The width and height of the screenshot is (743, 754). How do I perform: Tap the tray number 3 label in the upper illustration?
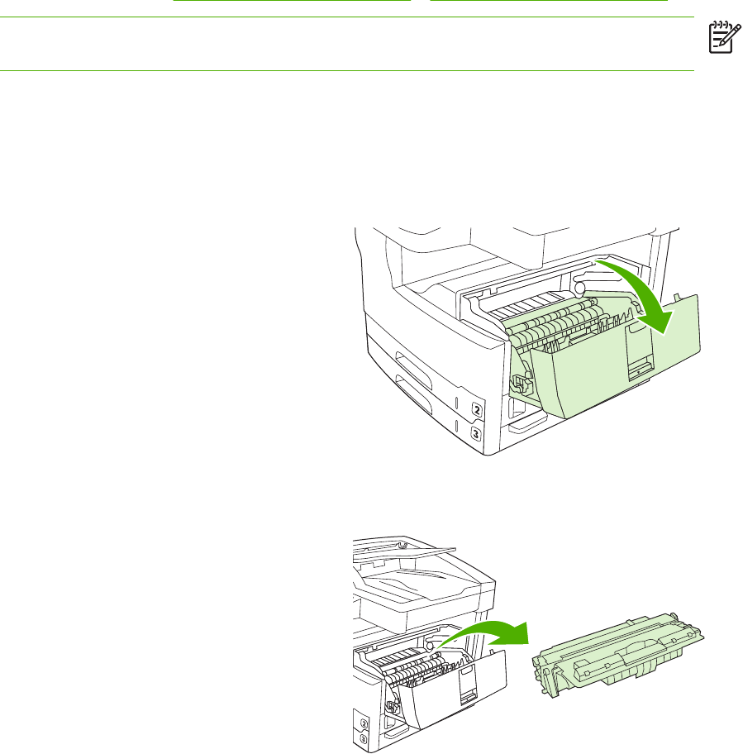point(476,433)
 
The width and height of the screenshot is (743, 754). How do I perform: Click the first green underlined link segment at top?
point(292,2)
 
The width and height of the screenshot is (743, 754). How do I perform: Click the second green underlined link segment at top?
point(549,2)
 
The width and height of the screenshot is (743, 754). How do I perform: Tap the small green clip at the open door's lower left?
point(519,382)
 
